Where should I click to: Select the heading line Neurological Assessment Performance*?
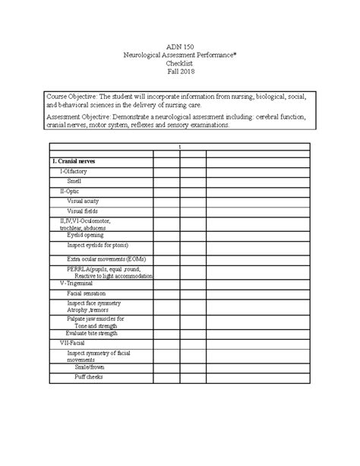pyautogui.click(x=180, y=58)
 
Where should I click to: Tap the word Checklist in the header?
pyautogui.click(x=180, y=68)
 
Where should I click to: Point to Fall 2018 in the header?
pyautogui.click(x=180, y=78)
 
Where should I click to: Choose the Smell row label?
pyautogui.click(x=74, y=182)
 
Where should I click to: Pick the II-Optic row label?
pyautogui.click(x=69, y=192)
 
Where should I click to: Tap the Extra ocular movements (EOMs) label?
pyautogui.click(x=106, y=259)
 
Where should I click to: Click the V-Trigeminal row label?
pyautogui.click(x=77, y=283)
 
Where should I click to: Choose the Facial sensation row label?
pyautogui.click(x=87, y=293)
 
